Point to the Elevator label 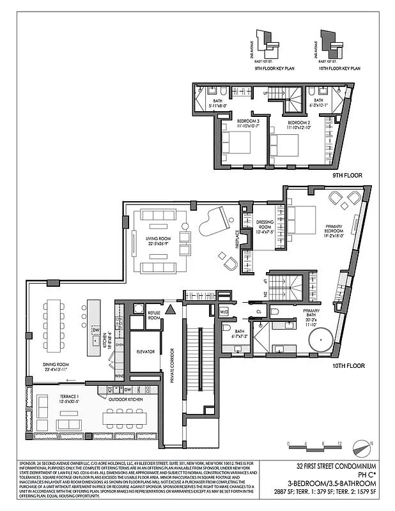tap(146, 351)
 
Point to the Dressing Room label tap(265, 225)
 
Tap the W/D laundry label tap(224, 312)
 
